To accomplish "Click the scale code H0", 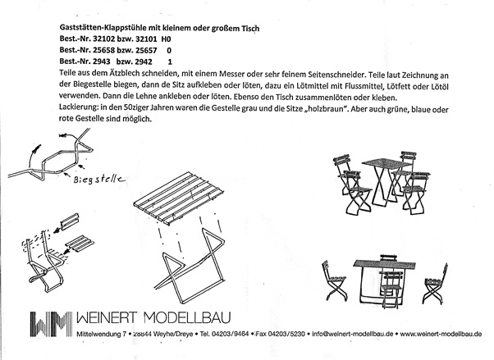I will point(166,39).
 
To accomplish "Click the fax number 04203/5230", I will point(274,335).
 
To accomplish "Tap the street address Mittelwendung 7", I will point(100,335).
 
